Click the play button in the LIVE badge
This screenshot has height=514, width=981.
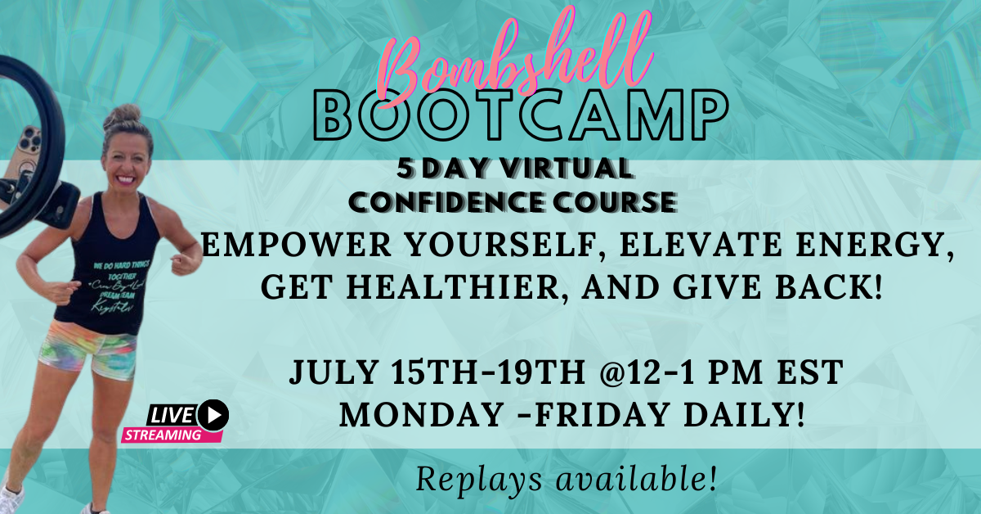(x=213, y=414)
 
